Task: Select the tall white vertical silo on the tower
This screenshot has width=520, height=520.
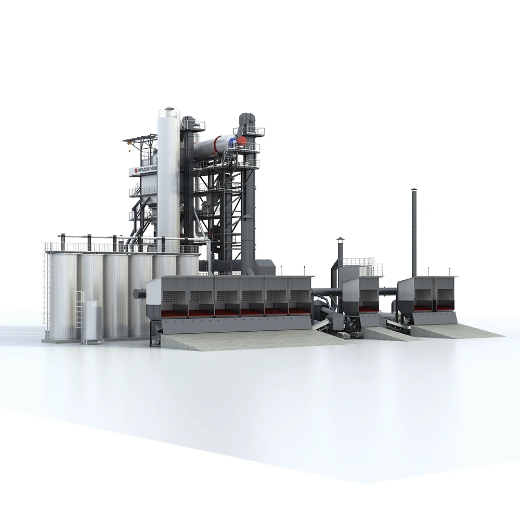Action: click(x=168, y=177)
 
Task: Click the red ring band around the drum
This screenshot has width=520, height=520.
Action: click(x=220, y=143)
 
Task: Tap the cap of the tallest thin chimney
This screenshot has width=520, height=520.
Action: click(x=414, y=191)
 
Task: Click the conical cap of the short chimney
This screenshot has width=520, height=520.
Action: click(x=340, y=239)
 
